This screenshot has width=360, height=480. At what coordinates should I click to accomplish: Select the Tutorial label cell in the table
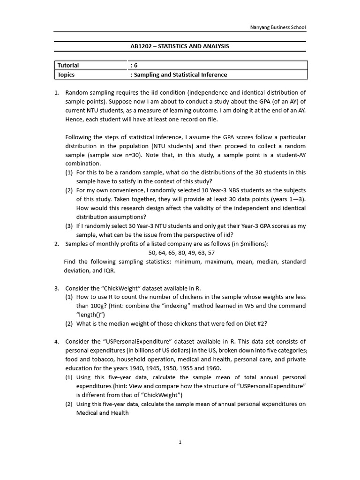(68, 65)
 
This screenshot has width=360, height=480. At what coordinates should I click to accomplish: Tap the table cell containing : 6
(134, 65)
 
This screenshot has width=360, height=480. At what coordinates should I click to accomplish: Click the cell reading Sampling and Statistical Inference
(180, 75)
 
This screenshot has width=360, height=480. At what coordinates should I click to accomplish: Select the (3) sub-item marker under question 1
(69, 226)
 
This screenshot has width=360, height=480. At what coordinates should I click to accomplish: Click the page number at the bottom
(180, 442)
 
